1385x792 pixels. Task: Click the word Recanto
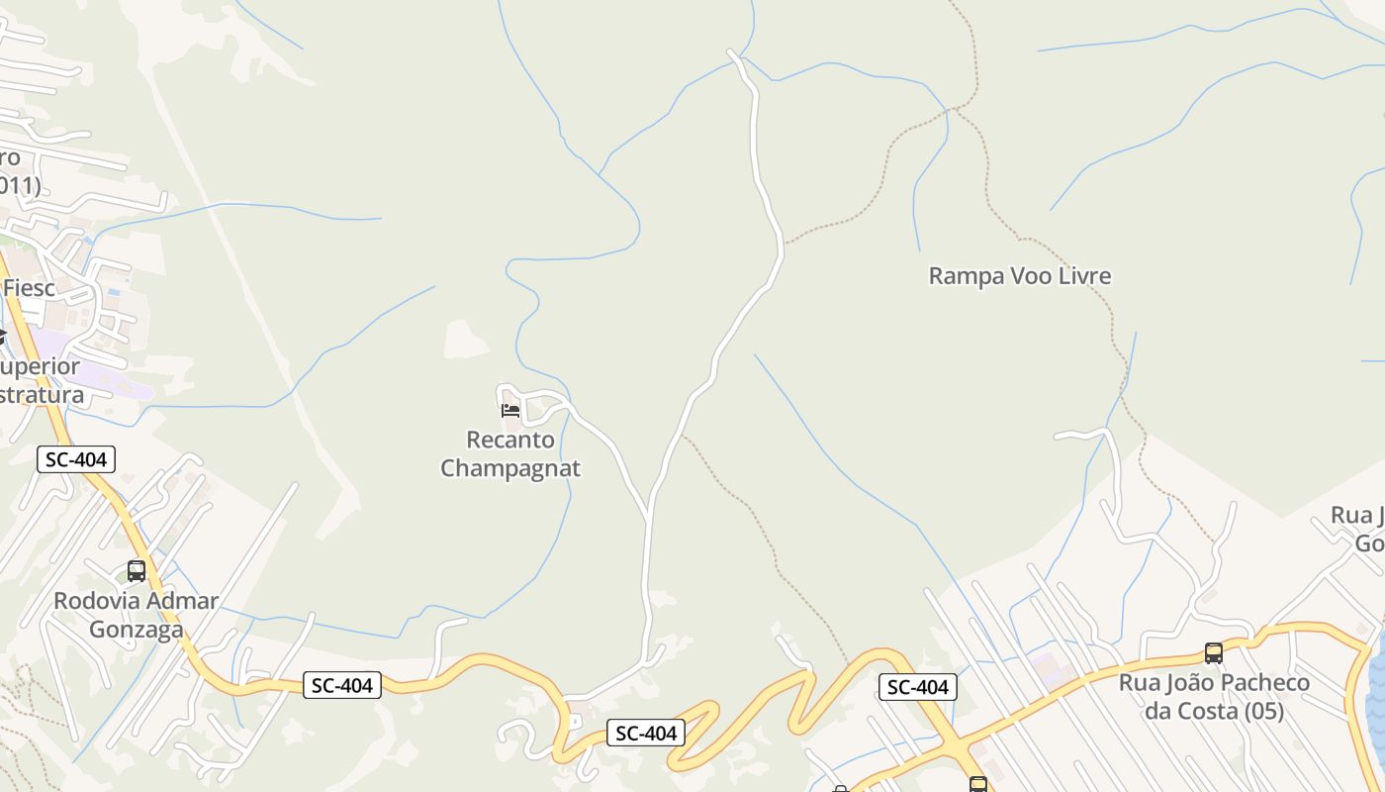510,440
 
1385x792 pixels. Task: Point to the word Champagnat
510,468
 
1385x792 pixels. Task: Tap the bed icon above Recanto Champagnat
510,410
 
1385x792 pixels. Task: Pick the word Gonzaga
137,630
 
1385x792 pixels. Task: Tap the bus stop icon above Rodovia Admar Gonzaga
137,571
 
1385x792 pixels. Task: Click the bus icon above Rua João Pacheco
1214,653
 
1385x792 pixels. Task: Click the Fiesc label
29,288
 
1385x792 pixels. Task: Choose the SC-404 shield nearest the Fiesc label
77,459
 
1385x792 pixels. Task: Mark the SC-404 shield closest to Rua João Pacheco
918,687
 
